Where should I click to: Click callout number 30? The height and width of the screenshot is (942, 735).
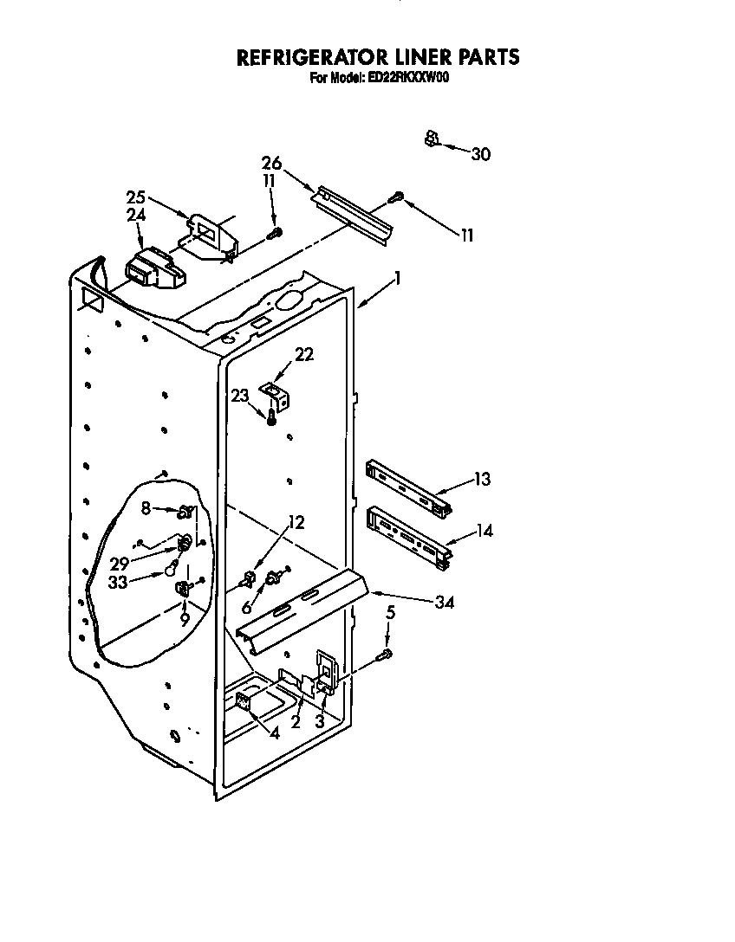[x=480, y=154]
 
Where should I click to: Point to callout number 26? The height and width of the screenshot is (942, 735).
[x=271, y=163]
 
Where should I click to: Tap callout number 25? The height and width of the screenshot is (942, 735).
[x=134, y=197]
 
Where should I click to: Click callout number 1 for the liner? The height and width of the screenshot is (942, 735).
[x=397, y=278]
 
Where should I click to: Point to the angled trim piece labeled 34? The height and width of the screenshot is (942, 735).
[x=303, y=606]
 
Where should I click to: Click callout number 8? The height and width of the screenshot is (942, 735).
[x=146, y=508]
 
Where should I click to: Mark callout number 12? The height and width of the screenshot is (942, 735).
[x=296, y=522]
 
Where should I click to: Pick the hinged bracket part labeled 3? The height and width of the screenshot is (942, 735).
[x=326, y=671]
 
